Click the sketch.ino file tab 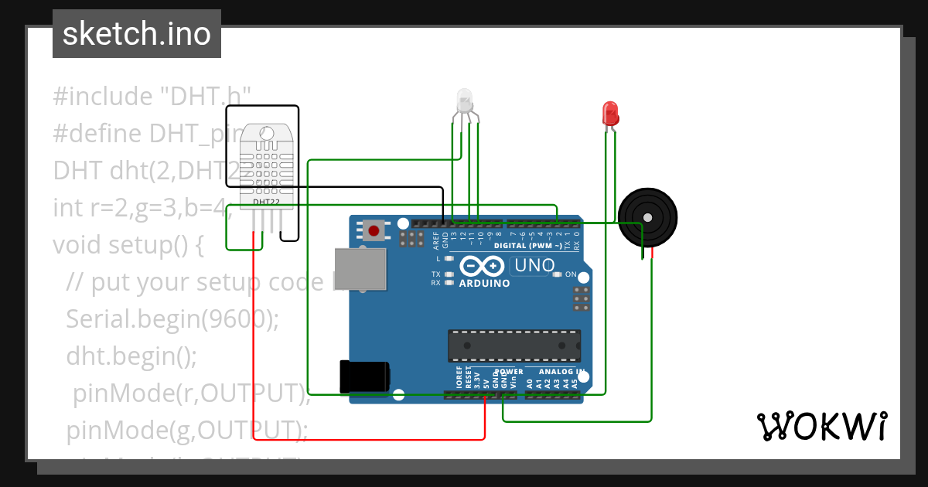point(137,34)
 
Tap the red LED point(610,114)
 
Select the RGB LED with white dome point(465,101)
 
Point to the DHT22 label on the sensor point(267,202)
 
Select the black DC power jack point(364,377)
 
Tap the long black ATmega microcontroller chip point(514,346)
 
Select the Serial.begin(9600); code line point(172,318)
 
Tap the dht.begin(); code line point(131,356)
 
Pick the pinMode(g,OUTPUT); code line point(187,429)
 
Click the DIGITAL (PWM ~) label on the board point(533,246)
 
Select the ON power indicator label point(571,274)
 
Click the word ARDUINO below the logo point(484,283)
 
